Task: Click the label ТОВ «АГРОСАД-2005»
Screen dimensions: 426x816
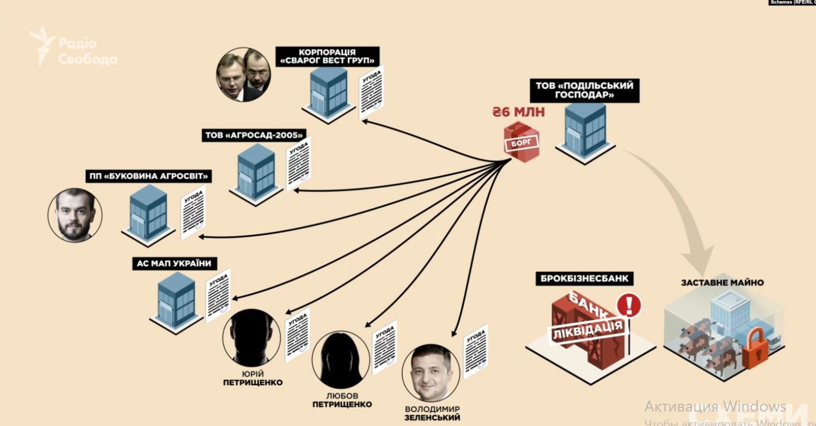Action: tap(253, 135)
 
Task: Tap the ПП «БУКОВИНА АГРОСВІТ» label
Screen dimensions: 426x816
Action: tap(149, 177)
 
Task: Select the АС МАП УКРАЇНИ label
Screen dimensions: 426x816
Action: tap(174, 263)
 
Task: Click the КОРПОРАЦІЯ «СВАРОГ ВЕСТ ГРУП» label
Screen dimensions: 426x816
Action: tap(327, 56)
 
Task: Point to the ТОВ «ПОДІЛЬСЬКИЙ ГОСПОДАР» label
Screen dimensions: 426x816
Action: tap(584, 90)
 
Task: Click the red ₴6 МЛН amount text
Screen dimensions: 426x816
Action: tap(518, 112)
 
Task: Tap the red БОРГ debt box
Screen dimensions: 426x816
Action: tap(521, 143)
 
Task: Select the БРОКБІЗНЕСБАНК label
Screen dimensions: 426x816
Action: tap(584, 279)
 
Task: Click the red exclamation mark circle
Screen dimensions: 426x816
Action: tap(629, 305)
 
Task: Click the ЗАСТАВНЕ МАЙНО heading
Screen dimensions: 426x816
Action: tap(722, 283)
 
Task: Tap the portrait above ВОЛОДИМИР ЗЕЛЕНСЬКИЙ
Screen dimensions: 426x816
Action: tap(430, 373)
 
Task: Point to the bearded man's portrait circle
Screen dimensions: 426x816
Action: tap(75, 215)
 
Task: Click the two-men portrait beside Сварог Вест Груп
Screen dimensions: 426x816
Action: tap(243, 75)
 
